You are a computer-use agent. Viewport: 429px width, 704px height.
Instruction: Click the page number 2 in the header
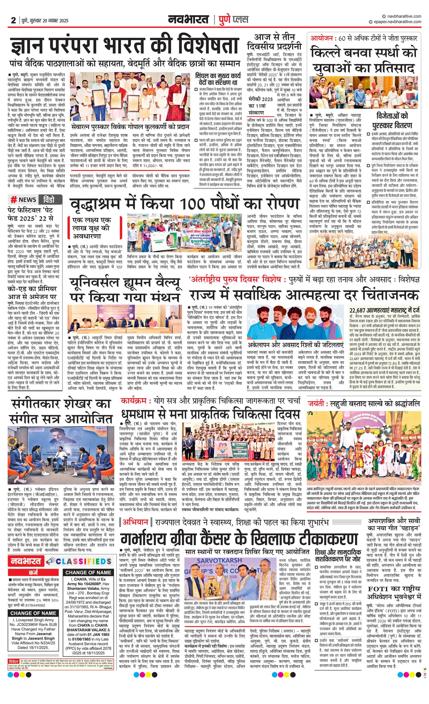point(13,20)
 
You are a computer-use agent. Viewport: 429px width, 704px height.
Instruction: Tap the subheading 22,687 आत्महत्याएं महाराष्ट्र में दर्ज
point(385,310)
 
